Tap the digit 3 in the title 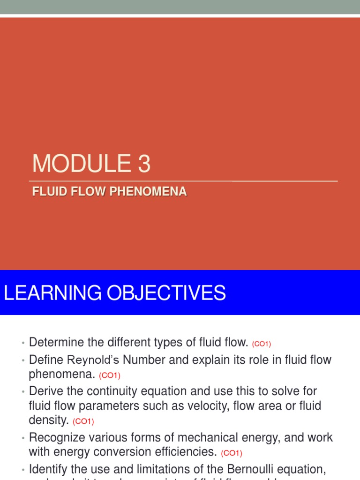point(144,164)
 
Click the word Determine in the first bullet point(55,343)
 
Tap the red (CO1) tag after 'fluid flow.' point(262,344)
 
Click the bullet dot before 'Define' point(22,360)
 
